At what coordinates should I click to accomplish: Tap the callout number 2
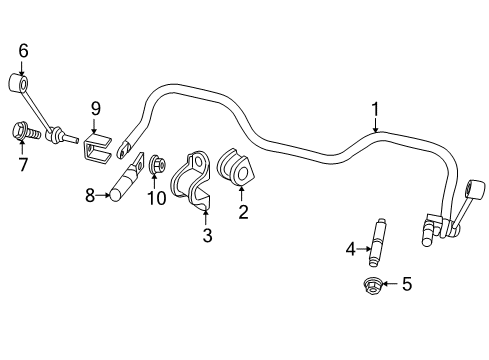coord(241,210)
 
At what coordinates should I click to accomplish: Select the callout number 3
coord(206,235)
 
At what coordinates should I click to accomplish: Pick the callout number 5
coord(406,284)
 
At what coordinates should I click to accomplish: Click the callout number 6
coord(22,50)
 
